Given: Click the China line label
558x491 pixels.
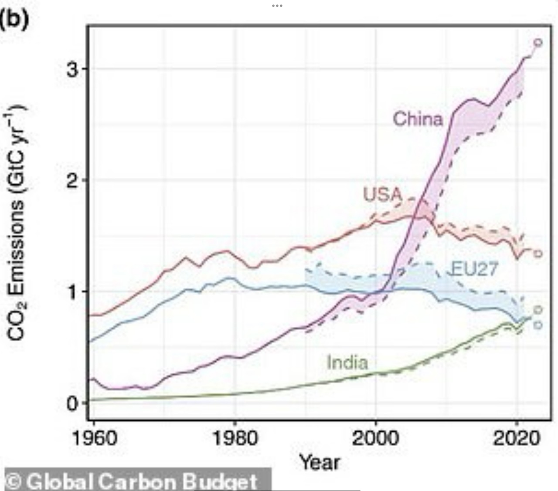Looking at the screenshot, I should (x=418, y=119).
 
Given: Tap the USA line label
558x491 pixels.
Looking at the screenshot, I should (x=382, y=194).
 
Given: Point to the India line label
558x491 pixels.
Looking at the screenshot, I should (x=347, y=362).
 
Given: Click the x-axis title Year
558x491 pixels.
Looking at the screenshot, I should (x=320, y=461).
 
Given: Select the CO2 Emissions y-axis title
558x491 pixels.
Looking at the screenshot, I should (x=17, y=222).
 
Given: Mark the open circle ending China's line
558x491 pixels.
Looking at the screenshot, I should (x=538, y=42).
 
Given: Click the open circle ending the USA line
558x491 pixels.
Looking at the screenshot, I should (x=538, y=254).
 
